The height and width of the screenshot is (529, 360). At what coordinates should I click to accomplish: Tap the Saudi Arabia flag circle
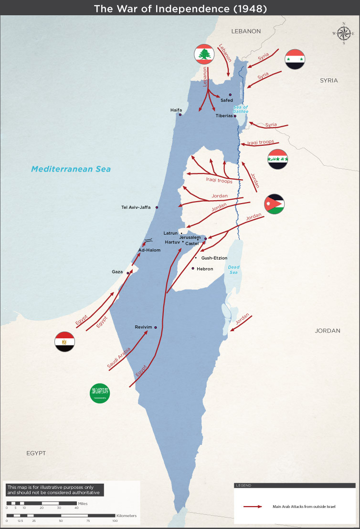pyautogui.click(x=100, y=393)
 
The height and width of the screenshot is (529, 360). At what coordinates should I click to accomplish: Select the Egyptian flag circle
pyautogui.click(x=64, y=342)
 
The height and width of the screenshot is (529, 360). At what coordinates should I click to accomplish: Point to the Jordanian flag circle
pyautogui.click(x=275, y=205)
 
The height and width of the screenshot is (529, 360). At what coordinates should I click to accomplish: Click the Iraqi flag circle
pyautogui.click(x=277, y=159)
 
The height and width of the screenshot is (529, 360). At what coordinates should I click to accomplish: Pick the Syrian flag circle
pyautogui.click(x=295, y=59)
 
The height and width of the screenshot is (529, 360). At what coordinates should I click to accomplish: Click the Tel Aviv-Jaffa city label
pyautogui.click(x=136, y=207)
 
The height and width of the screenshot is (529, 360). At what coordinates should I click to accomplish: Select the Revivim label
pyautogui.click(x=143, y=327)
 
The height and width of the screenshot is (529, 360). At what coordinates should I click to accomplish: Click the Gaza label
pyautogui.click(x=117, y=271)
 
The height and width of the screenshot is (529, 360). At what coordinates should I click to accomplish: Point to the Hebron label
pyautogui.click(x=205, y=269)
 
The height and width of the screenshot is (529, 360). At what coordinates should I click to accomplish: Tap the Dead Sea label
pyautogui.click(x=233, y=270)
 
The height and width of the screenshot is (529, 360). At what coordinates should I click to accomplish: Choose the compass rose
pyautogui.click(x=343, y=33)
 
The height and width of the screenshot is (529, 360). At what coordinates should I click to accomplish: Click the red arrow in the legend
pyautogui.click(x=253, y=506)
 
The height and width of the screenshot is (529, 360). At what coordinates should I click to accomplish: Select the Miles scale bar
pyautogui.click(x=42, y=503)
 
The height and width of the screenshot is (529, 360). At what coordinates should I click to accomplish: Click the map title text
pyautogui.click(x=180, y=9)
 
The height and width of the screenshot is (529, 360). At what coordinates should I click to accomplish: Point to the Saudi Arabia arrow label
pyautogui.click(x=119, y=358)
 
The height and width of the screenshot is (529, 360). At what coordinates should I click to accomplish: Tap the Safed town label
pyautogui.click(x=227, y=100)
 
